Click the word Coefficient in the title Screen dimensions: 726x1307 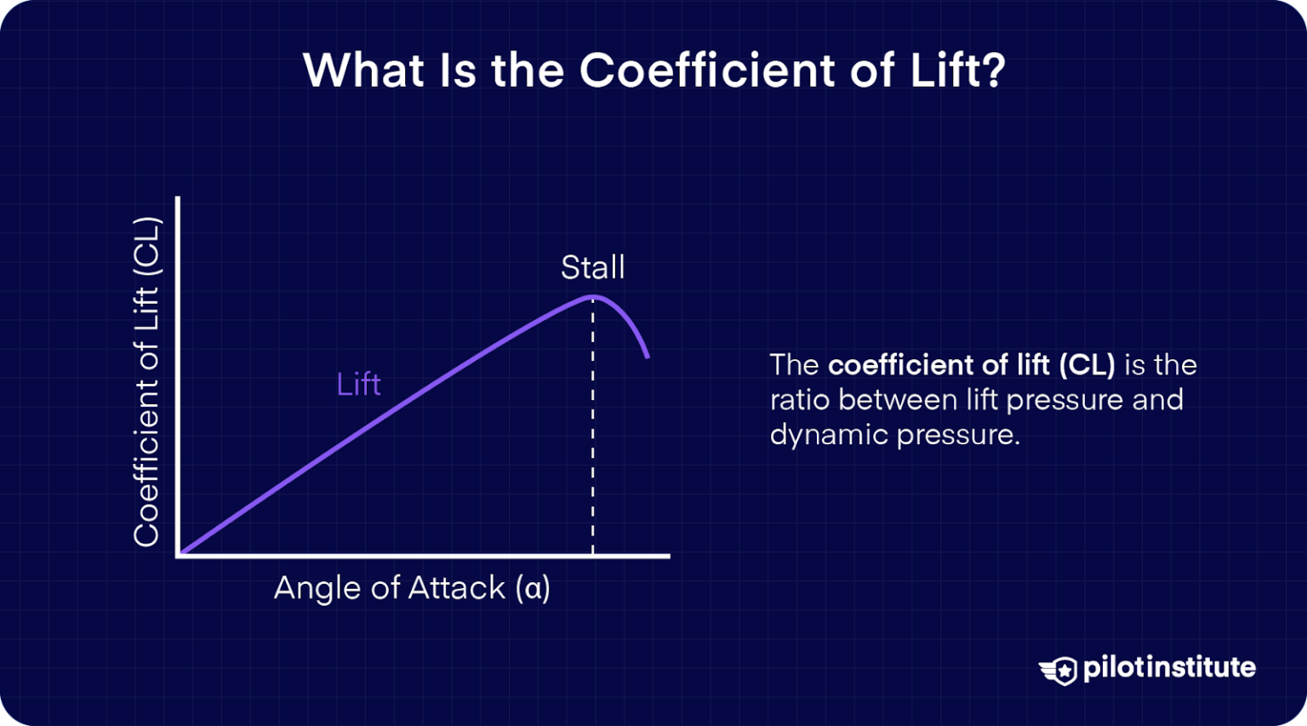pyautogui.click(x=708, y=70)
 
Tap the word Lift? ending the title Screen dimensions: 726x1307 pyautogui.click(x=958, y=70)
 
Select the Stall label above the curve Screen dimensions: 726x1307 pyautogui.click(x=592, y=267)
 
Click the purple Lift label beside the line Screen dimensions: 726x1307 pyautogui.click(x=358, y=384)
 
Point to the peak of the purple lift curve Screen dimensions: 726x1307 pyautogui.click(x=592, y=296)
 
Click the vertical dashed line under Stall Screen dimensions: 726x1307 pyautogui.click(x=592, y=426)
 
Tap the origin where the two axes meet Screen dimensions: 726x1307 pyautogui.click(x=179, y=555)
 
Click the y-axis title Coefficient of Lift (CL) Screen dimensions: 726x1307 pyautogui.click(x=146, y=382)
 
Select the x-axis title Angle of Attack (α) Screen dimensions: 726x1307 pyautogui.click(x=412, y=587)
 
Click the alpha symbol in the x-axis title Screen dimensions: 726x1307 pyautogui.click(x=534, y=588)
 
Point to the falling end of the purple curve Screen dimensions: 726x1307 pyautogui.click(x=648, y=355)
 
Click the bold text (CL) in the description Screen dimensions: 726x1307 pyautogui.click(x=1087, y=365)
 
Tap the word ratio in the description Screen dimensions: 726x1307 pyautogui.click(x=800, y=400)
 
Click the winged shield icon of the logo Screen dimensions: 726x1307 pyautogui.click(x=1058, y=670)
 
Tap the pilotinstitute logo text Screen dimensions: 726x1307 pyautogui.click(x=1169, y=667)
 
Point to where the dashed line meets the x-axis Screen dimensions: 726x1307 pyautogui.click(x=592, y=555)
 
